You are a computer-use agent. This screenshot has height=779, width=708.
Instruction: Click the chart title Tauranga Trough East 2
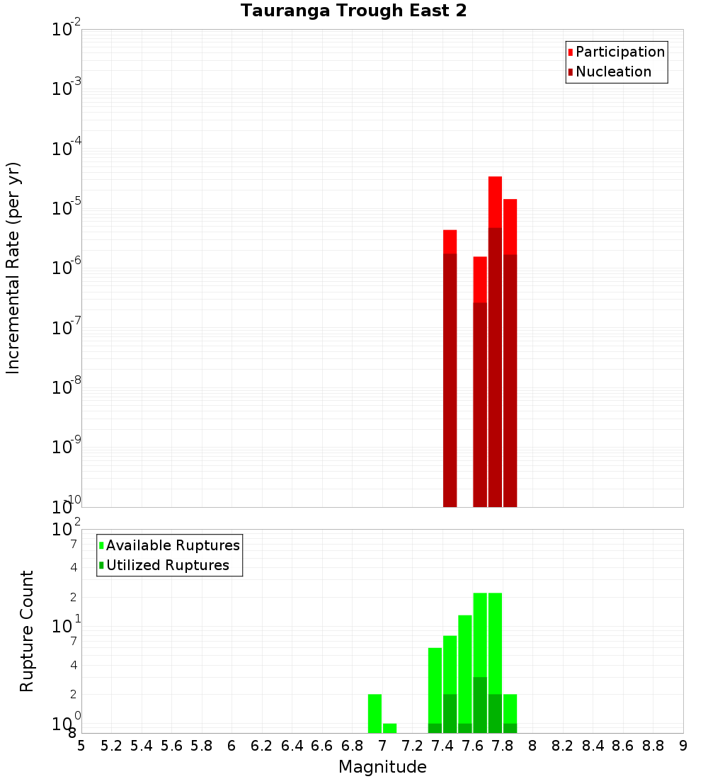(353, 11)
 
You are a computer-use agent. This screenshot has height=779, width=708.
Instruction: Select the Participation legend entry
(619, 52)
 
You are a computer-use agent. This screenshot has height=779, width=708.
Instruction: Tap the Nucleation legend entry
(612, 72)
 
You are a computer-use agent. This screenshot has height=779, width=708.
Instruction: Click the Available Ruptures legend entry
(172, 545)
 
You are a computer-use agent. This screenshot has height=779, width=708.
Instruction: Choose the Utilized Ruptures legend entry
(167, 565)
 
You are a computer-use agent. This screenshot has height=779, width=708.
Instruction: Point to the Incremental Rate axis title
(13, 268)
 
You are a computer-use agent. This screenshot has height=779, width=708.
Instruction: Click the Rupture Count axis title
(27, 631)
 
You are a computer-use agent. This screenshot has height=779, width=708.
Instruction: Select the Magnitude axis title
(382, 767)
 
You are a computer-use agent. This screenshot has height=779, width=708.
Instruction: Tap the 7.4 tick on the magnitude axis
(442, 746)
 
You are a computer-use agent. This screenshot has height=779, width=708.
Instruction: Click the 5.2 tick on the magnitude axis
(111, 746)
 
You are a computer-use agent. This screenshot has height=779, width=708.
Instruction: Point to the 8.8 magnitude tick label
(653, 746)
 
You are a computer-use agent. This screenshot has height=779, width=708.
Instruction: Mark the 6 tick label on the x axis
(232, 746)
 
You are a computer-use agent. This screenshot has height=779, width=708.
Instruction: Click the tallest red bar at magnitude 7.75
(495, 202)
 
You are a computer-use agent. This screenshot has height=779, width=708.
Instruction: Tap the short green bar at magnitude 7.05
(389, 728)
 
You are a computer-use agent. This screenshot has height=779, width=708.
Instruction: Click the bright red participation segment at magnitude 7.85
(510, 227)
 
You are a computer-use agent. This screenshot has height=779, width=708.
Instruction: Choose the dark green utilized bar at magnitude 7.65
(480, 705)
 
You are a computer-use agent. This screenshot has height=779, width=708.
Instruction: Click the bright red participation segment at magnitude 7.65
(480, 280)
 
